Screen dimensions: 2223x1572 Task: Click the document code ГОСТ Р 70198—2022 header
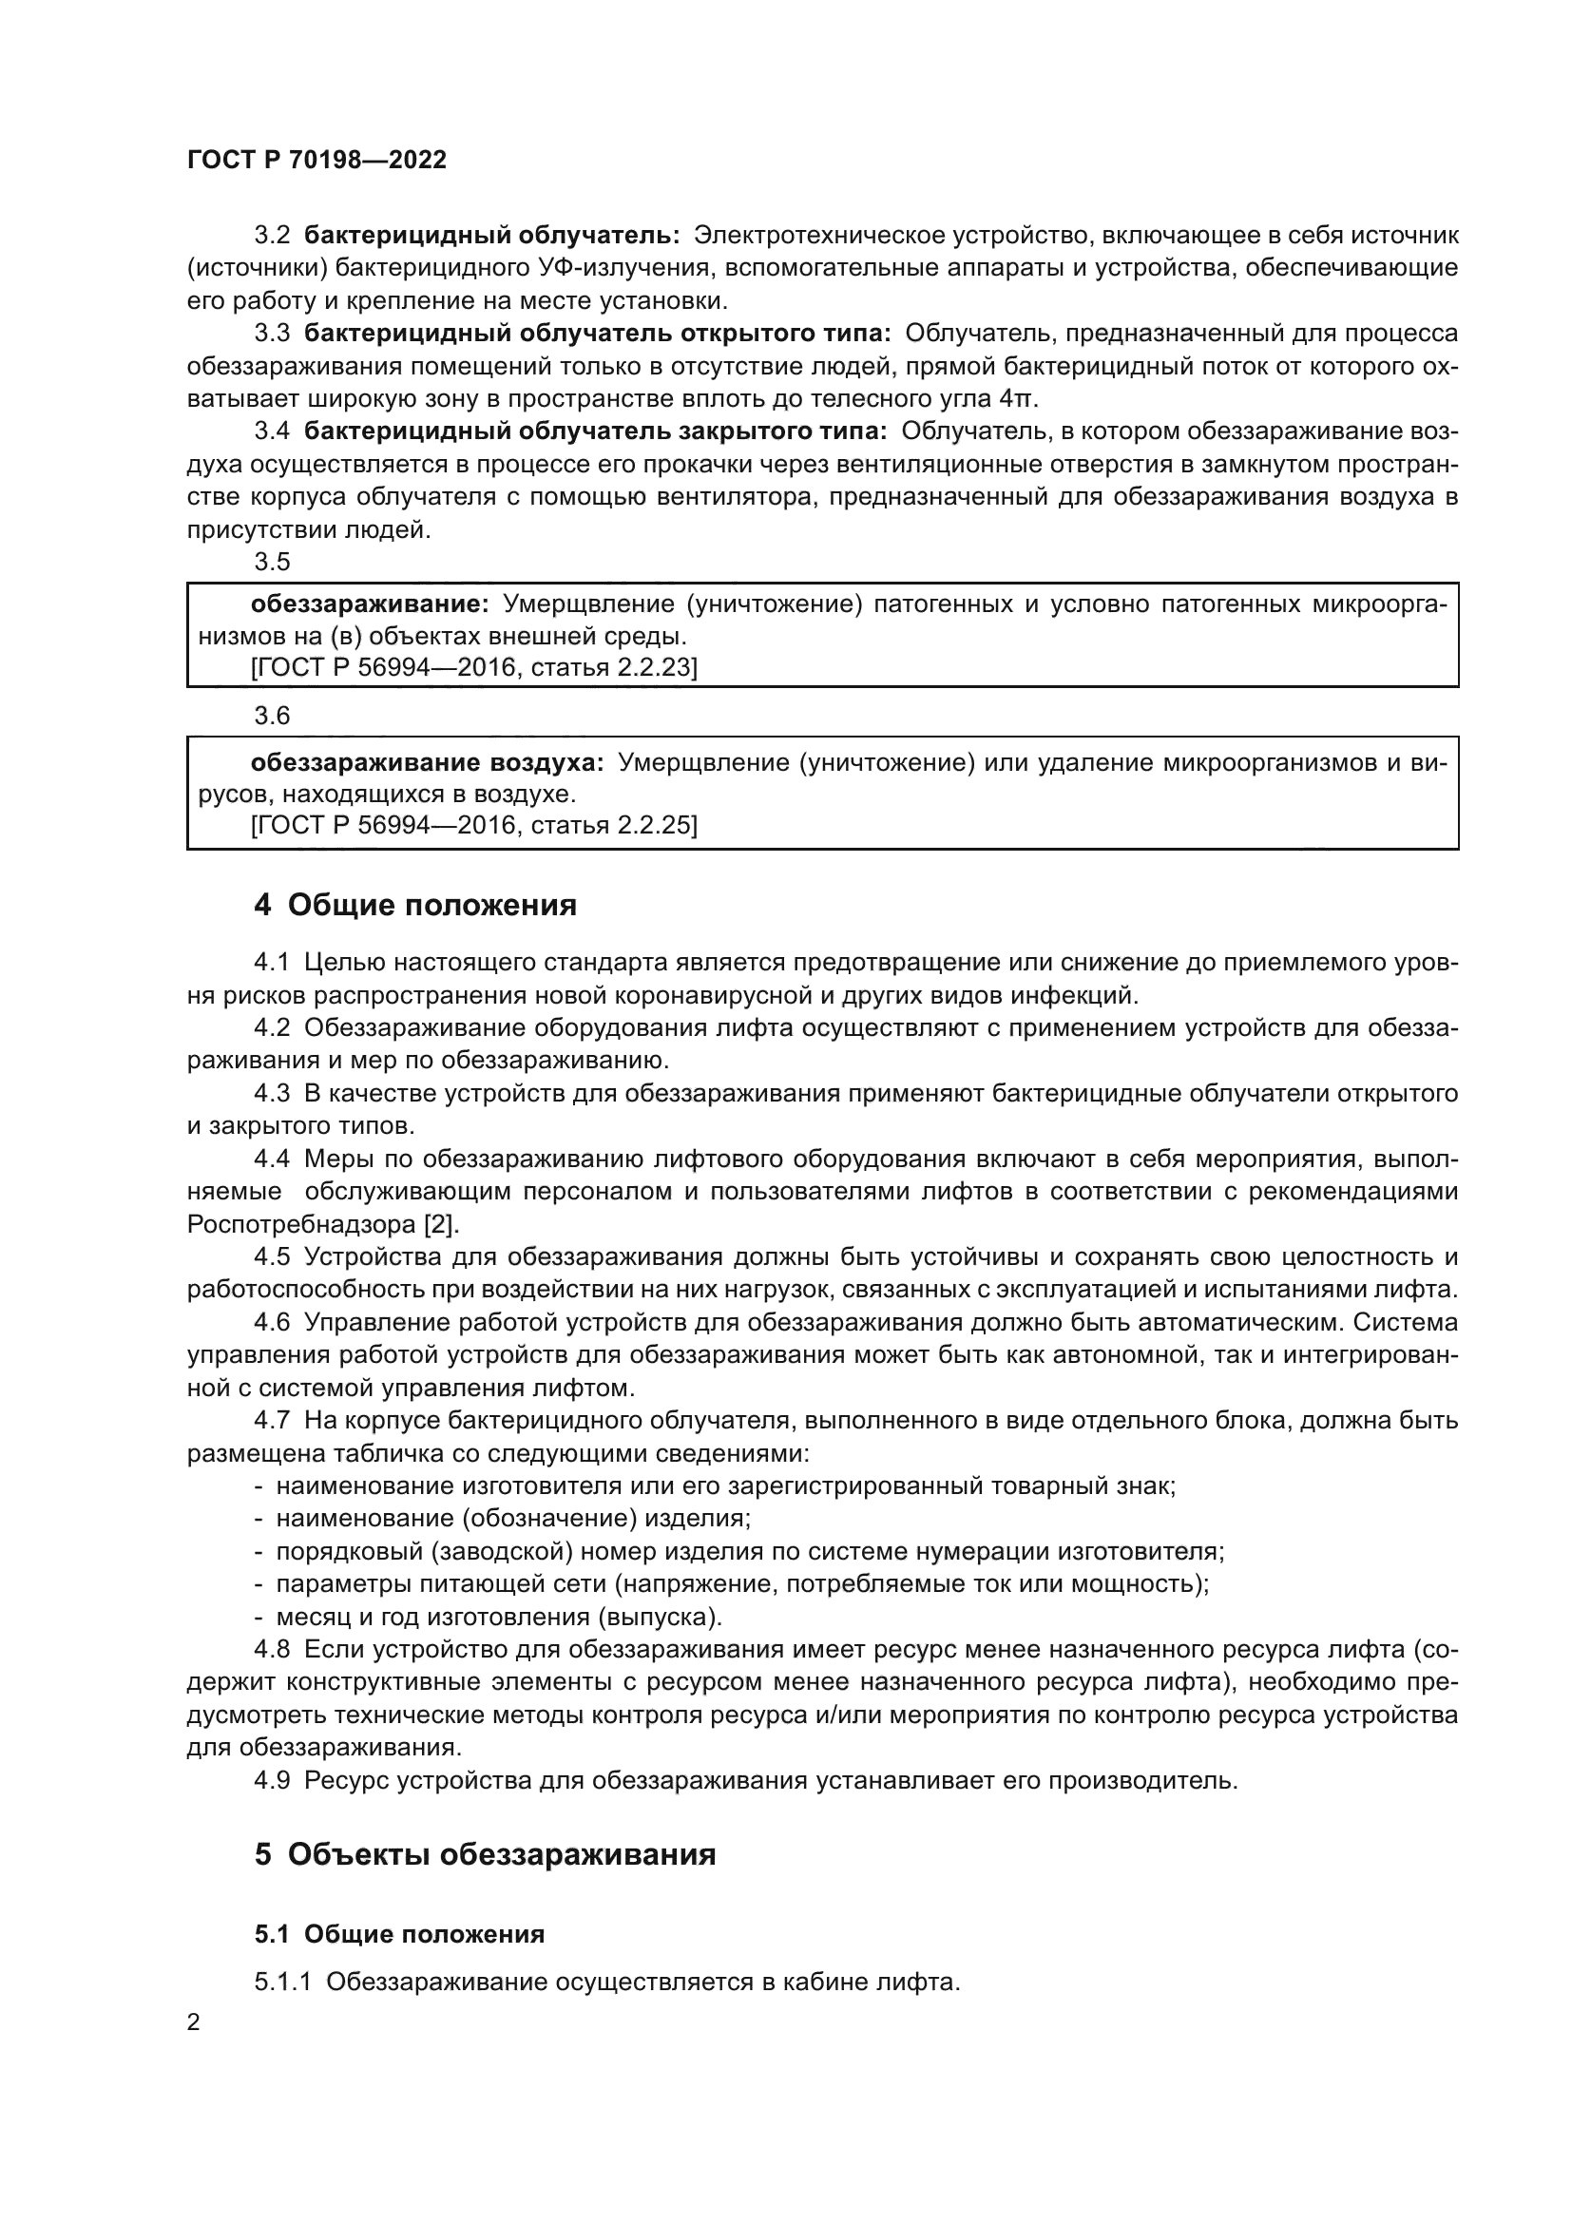click(x=316, y=161)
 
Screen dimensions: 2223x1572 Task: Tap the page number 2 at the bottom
click(x=194, y=2022)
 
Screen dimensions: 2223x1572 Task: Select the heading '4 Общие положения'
click(x=415, y=906)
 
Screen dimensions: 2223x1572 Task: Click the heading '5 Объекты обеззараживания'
click(x=485, y=1855)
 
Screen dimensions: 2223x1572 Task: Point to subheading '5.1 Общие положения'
click(x=399, y=1934)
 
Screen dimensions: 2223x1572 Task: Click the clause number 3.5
click(x=272, y=562)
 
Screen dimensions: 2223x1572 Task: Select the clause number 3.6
click(x=272, y=716)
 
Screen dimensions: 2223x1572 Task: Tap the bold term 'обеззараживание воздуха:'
click(x=427, y=763)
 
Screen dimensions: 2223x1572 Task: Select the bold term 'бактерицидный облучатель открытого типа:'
click(x=597, y=334)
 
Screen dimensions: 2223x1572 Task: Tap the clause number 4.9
click(x=272, y=1780)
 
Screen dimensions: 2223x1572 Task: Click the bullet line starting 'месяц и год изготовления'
click(x=499, y=1617)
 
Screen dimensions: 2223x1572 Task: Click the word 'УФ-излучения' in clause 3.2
click(x=625, y=268)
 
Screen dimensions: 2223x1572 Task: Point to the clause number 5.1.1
click(x=282, y=1982)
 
